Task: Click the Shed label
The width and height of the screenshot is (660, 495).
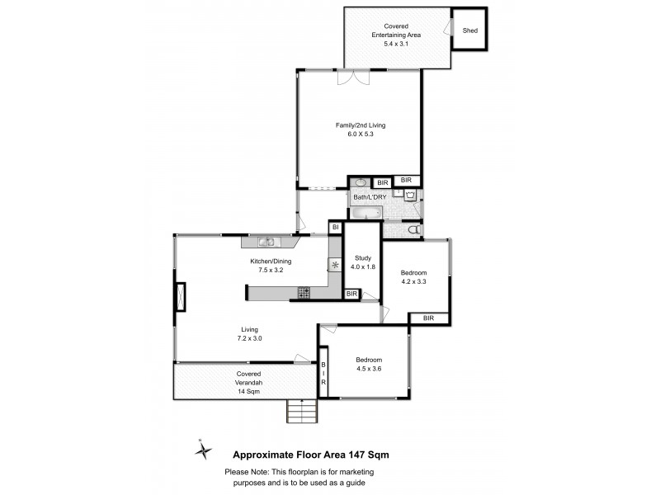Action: coord(470,31)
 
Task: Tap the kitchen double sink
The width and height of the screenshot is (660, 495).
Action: coord(266,242)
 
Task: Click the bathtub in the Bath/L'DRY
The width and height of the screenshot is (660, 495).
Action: coord(365,214)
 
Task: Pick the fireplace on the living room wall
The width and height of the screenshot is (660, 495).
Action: coord(180,297)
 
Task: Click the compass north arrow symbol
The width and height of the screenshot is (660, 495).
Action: coord(203,450)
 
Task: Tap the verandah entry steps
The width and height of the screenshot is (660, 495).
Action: coord(301,410)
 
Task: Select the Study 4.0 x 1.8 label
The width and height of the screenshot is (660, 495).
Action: coord(363,262)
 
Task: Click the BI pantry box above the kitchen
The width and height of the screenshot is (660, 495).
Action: coord(336,227)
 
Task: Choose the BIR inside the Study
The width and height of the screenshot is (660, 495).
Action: coord(351,294)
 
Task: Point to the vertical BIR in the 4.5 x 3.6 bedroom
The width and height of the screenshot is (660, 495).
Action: coord(324,375)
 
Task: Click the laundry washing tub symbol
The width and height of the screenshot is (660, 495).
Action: coord(409,196)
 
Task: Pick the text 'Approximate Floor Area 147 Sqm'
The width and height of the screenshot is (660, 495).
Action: coord(311,454)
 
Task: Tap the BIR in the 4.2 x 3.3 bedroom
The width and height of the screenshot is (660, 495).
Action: coord(428,318)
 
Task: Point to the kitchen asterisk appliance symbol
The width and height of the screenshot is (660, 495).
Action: coord(335,265)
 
